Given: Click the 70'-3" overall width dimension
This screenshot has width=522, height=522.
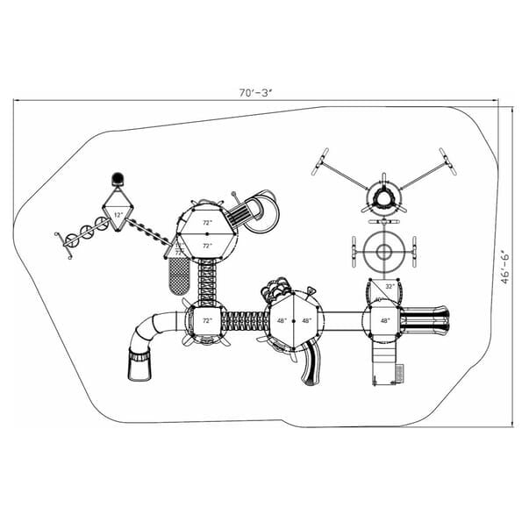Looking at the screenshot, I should (261, 90).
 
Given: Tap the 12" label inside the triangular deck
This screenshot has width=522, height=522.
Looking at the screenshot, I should (118, 215).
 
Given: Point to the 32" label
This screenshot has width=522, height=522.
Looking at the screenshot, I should (389, 286).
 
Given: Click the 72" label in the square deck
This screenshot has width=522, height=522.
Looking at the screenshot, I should (207, 321).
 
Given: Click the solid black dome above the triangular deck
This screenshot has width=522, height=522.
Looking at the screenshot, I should (117, 180).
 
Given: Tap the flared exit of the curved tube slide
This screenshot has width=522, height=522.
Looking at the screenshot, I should (139, 363).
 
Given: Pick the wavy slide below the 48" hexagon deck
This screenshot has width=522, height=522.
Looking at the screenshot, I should (310, 362).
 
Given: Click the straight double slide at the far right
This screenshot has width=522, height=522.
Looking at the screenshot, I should (426, 320).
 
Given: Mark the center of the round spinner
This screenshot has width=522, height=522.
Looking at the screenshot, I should (383, 254).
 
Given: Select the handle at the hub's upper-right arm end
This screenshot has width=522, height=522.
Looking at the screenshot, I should (447, 161).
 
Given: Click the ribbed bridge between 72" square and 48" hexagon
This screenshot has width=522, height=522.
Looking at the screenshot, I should (245, 322).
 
